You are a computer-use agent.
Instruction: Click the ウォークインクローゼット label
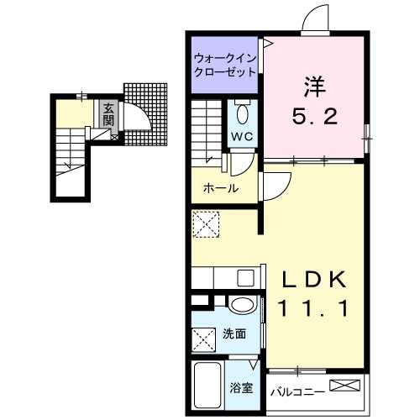[224, 65]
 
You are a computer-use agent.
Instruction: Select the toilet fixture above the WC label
[243, 112]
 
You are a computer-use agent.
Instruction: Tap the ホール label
[221, 188]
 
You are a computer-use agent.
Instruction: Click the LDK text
[314, 280]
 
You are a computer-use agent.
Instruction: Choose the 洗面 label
[234, 333]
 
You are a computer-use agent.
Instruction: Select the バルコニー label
[296, 391]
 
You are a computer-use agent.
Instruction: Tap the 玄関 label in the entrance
[109, 114]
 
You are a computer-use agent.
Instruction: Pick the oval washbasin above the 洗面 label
[243, 305]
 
